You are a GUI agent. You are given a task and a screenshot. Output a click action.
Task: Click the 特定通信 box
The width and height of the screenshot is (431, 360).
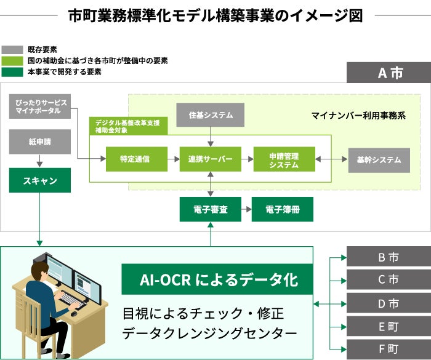coord(136,159)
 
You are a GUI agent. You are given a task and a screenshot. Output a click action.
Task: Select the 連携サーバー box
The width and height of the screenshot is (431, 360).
coord(211,159)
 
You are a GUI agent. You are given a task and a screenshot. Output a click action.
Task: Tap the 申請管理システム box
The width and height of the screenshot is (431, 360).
coord(284,159)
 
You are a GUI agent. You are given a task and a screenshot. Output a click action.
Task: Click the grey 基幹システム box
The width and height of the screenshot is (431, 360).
coord(379,160)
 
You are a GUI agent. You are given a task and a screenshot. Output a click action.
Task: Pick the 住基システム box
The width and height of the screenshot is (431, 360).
coord(211,115)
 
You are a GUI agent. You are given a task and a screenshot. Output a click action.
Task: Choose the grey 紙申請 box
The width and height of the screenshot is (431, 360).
coord(40,142)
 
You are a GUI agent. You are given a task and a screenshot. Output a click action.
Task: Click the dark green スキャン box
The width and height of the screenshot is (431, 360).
coord(40,180)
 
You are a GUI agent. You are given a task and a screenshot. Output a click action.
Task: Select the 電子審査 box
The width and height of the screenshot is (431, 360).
coord(211,209)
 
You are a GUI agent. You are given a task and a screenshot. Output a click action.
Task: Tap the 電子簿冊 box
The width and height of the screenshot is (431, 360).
coord(282,209)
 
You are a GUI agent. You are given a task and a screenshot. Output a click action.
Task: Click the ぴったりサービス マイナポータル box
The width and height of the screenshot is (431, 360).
coord(40,106)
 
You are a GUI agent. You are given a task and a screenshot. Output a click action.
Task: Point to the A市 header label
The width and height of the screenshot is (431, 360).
coord(389,73)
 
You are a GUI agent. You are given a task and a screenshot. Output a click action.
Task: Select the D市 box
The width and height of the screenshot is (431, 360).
coord(389,303)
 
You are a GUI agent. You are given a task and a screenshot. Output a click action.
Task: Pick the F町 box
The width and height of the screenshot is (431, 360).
coord(389,349)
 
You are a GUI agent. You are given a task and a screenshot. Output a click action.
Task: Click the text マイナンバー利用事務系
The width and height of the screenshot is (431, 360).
coord(358,115)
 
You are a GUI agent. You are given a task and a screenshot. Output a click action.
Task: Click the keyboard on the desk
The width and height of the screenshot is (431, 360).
coord(73,300)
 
